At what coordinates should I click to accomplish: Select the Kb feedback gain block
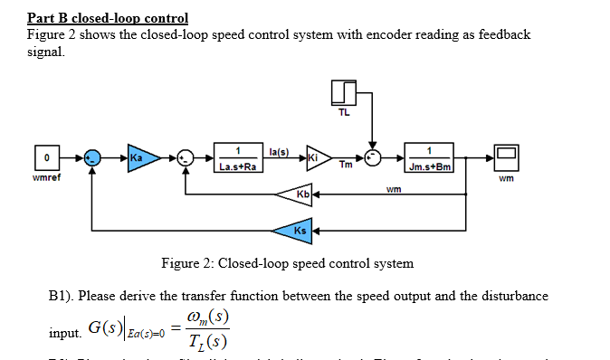pos(300,194)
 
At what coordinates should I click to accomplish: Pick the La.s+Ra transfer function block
pos(238,156)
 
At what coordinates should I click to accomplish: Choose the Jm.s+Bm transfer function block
pos(429,156)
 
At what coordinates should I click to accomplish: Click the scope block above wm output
pos(505,156)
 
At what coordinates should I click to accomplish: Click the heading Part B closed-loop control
pos(108,17)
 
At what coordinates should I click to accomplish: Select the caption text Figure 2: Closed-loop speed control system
pos(287,263)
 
